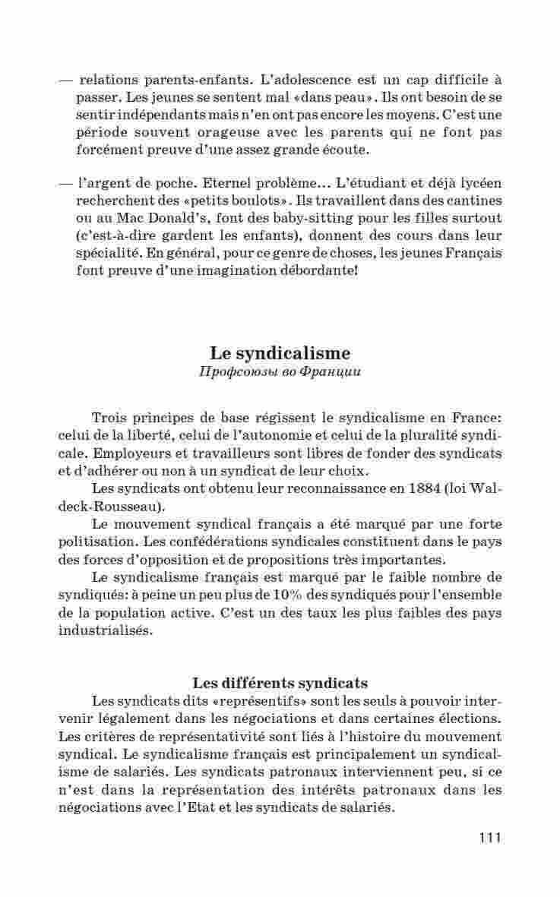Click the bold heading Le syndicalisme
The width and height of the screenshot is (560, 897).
pos(280,353)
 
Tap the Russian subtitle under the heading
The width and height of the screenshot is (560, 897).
pos(280,372)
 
